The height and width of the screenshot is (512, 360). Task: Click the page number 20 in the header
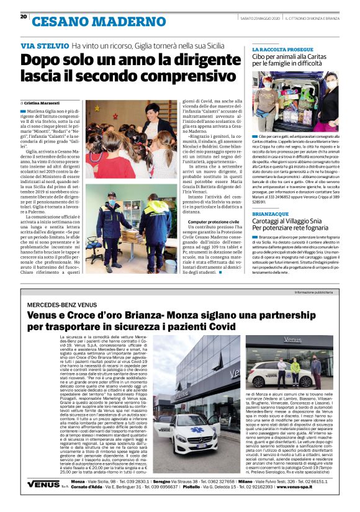(24, 17)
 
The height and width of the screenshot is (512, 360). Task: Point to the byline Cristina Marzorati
(44, 102)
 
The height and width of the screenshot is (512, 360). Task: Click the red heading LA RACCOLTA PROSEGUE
(282, 48)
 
